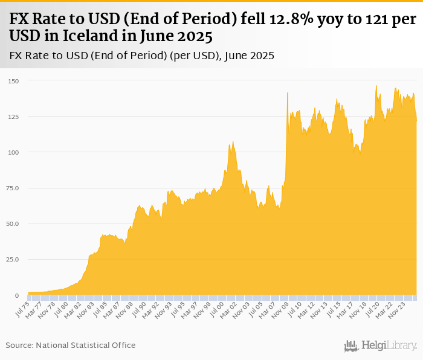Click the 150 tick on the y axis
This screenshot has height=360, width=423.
[x=13, y=81]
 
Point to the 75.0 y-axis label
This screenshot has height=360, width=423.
[x=13, y=188]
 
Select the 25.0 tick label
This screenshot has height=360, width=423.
[x=13, y=260]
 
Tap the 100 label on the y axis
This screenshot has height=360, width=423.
[x=13, y=152]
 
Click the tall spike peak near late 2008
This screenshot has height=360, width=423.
[x=288, y=93]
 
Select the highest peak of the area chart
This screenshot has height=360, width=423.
[x=376, y=86]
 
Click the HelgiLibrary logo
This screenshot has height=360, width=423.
[x=380, y=346]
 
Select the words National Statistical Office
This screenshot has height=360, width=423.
[x=86, y=345]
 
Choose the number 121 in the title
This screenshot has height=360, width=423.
[x=360, y=19]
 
